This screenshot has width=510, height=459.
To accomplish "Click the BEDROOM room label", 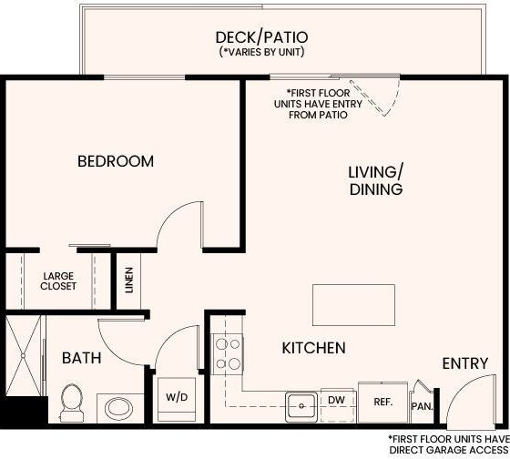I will [x=115, y=161].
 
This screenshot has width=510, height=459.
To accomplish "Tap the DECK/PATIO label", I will [x=261, y=37].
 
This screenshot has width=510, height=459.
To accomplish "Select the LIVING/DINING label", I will [x=375, y=180].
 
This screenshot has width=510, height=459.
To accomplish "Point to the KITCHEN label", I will [x=313, y=348].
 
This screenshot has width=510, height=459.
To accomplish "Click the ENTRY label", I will [x=465, y=363].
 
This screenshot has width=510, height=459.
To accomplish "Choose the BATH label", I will [x=81, y=358].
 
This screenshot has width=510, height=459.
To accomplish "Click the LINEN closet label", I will [x=128, y=280].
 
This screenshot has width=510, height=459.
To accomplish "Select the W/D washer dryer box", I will [x=176, y=398].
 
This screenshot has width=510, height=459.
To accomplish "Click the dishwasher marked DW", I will [x=335, y=400].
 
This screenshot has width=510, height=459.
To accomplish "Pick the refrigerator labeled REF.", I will [x=382, y=400].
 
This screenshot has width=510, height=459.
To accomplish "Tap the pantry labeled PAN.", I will [x=422, y=404].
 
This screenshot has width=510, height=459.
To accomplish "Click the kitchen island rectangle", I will [x=354, y=300].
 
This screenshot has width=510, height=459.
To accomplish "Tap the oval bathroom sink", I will [x=117, y=404].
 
